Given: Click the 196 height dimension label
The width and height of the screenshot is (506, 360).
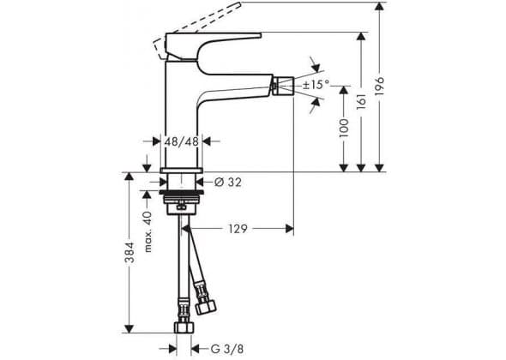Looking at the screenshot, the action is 380,86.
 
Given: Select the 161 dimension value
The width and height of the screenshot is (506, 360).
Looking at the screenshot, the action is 361,101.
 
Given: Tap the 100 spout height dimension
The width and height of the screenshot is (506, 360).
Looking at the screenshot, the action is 344,128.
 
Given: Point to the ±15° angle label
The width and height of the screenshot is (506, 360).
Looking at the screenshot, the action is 316,85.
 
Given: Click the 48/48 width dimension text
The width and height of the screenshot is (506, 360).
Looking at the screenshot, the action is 181,141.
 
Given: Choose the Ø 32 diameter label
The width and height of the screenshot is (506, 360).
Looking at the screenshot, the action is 228,183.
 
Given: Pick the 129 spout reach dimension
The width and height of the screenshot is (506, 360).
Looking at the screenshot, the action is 238,229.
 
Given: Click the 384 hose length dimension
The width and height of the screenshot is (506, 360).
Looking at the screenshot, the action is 130,252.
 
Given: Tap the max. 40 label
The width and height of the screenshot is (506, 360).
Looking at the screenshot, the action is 148,231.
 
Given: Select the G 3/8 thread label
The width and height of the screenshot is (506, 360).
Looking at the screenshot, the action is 227,348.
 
